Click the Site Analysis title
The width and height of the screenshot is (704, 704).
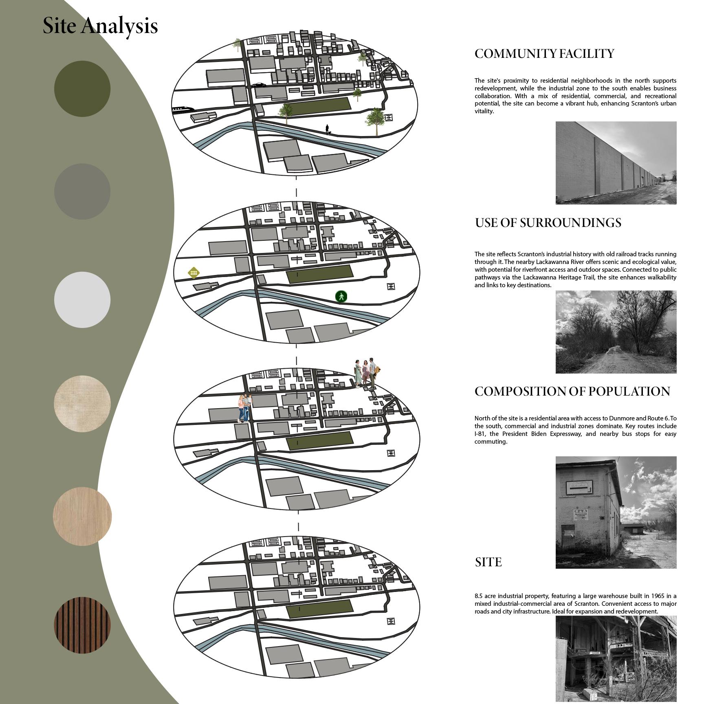[x=100, y=26]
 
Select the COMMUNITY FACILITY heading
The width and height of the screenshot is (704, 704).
[x=544, y=54]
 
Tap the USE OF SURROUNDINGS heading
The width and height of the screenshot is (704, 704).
[x=548, y=222]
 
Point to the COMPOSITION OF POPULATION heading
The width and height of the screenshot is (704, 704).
[x=572, y=391]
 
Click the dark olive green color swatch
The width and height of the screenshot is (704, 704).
[x=82, y=89]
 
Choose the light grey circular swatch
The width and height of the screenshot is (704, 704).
[x=82, y=299]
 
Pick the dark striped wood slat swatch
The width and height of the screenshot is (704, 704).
[x=82, y=625]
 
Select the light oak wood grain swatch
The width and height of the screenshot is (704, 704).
[x=82, y=516]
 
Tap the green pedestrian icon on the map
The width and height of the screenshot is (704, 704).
[x=341, y=296]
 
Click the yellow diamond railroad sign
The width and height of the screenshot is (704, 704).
[x=194, y=273]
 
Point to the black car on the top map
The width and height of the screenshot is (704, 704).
[x=258, y=86]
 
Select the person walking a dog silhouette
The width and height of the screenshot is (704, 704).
[x=328, y=130]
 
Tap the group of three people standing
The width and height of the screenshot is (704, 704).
[x=366, y=373]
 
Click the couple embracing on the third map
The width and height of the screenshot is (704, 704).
[x=244, y=408]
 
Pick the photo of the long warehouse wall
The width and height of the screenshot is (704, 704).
[x=616, y=163]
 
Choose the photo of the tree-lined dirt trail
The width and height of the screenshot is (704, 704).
[x=616, y=332]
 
